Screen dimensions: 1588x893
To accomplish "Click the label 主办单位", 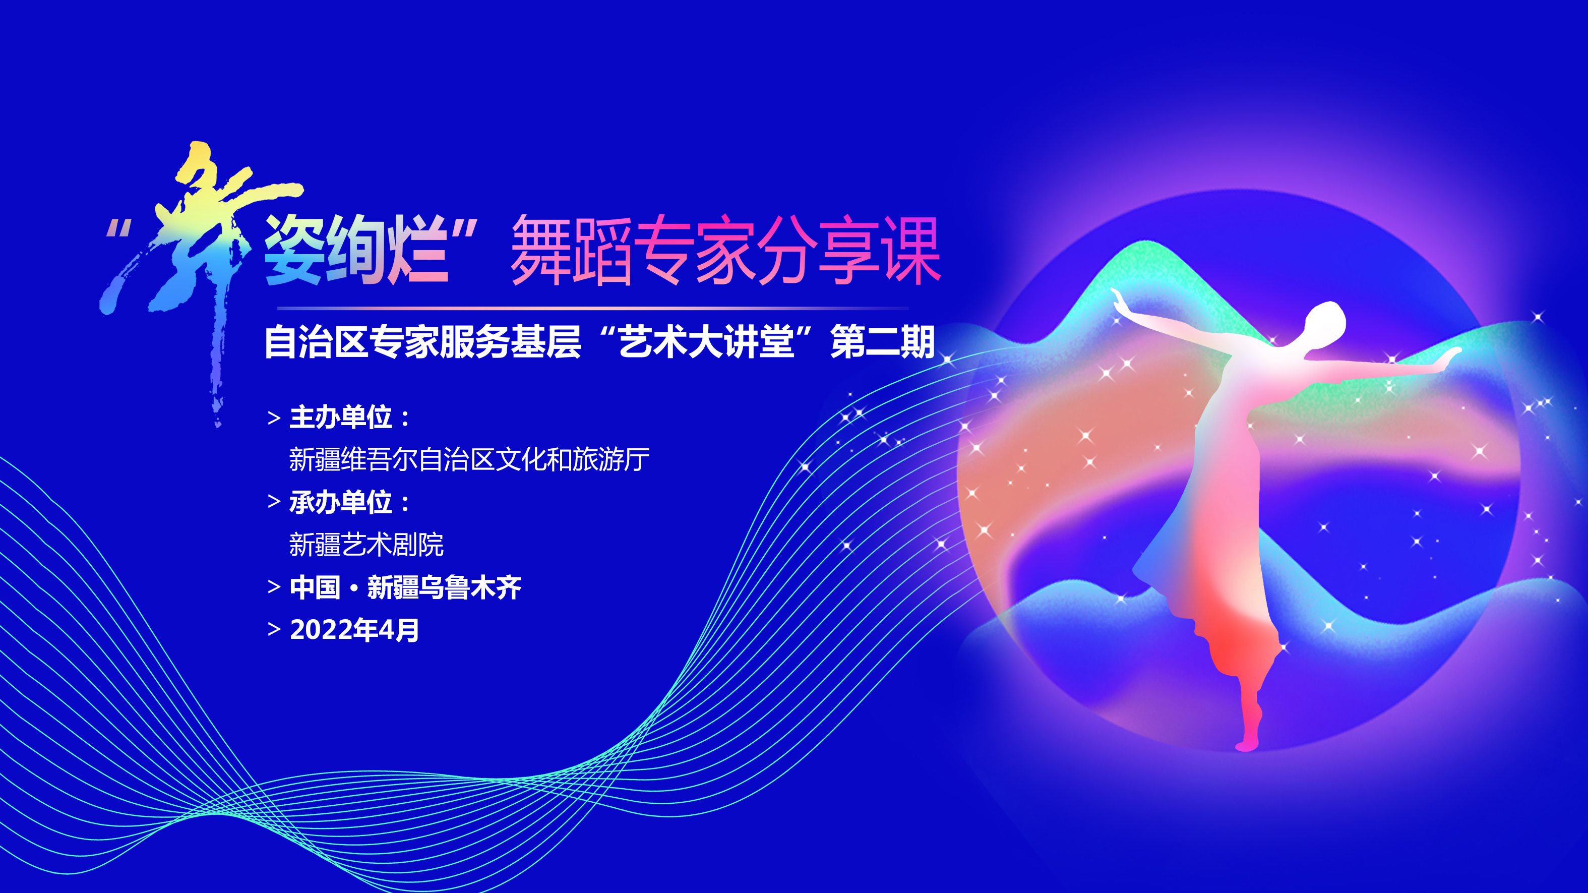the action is pyautogui.click(x=341, y=418).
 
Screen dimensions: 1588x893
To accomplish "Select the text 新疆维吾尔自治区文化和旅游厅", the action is pyautogui.click(x=469, y=459).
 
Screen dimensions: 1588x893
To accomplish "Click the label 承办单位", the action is pyautogui.click(x=341, y=503).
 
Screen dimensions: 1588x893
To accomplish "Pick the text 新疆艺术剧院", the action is pyautogui.click(x=366, y=545).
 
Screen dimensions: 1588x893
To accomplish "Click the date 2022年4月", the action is pyautogui.click(x=354, y=630).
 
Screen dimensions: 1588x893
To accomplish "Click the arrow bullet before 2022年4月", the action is pyautogui.click(x=274, y=630).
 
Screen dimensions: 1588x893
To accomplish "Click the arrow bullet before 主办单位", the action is pyautogui.click(x=274, y=418).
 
